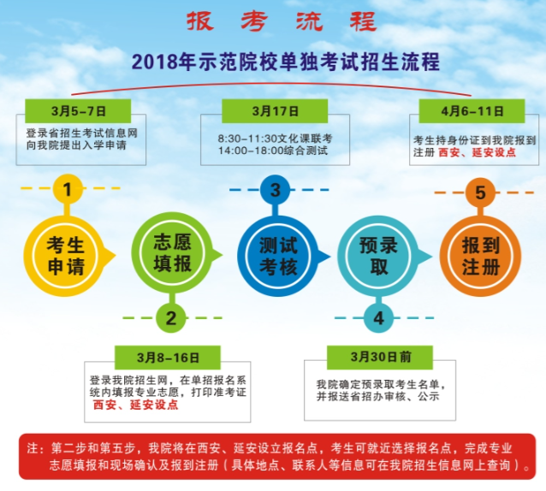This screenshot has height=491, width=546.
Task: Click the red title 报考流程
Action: (x=282, y=21)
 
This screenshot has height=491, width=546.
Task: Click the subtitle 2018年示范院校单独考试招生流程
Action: (x=286, y=62)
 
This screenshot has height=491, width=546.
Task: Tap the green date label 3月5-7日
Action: (x=78, y=111)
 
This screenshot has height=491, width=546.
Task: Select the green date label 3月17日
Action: (x=275, y=111)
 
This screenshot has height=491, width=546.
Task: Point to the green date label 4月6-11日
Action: (x=472, y=111)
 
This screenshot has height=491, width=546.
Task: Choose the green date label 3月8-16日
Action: (x=168, y=358)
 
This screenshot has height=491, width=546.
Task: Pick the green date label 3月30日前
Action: (x=380, y=357)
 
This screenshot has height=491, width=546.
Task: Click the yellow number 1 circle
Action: (x=68, y=189)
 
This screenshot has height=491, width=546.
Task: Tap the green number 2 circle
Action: (x=171, y=317)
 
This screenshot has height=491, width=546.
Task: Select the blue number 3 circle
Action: (x=275, y=190)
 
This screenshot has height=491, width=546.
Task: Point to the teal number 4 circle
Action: (x=379, y=317)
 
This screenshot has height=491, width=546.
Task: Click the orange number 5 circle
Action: (x=480, y=192)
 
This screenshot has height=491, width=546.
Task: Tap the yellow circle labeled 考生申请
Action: (x=65, y=256)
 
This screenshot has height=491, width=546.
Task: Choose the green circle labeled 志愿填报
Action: (x=172, y=254)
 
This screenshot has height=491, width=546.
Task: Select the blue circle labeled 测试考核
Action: (x=278, y=256)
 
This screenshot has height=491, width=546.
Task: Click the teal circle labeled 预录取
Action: (x=379, y=256)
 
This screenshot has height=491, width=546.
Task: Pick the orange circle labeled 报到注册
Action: (x=481, y=256)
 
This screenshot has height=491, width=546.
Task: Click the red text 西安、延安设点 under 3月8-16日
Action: (x=136, y=405)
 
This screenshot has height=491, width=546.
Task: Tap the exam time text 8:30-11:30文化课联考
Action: (x=275, y=139)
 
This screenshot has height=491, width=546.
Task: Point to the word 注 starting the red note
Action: (x=33, y=448)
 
